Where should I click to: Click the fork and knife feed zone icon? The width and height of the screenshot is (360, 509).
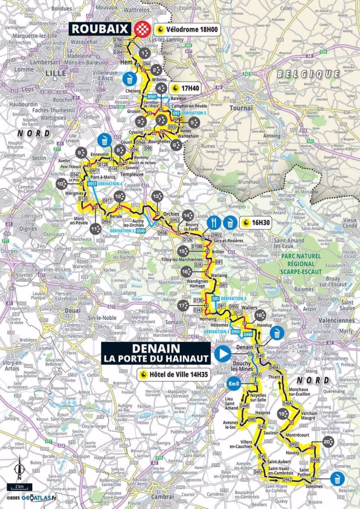click(x=214, y=222)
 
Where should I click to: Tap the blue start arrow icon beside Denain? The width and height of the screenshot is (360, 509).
click(x=223, y=354)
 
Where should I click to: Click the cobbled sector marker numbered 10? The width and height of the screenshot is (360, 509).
click(x=62, y=184)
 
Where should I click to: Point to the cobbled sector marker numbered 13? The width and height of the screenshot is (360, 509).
click(x=157, y=196)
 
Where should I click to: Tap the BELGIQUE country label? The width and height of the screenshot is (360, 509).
click(x=308, y=74)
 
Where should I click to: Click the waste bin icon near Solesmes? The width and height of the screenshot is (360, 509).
click(x=339, y=479)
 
